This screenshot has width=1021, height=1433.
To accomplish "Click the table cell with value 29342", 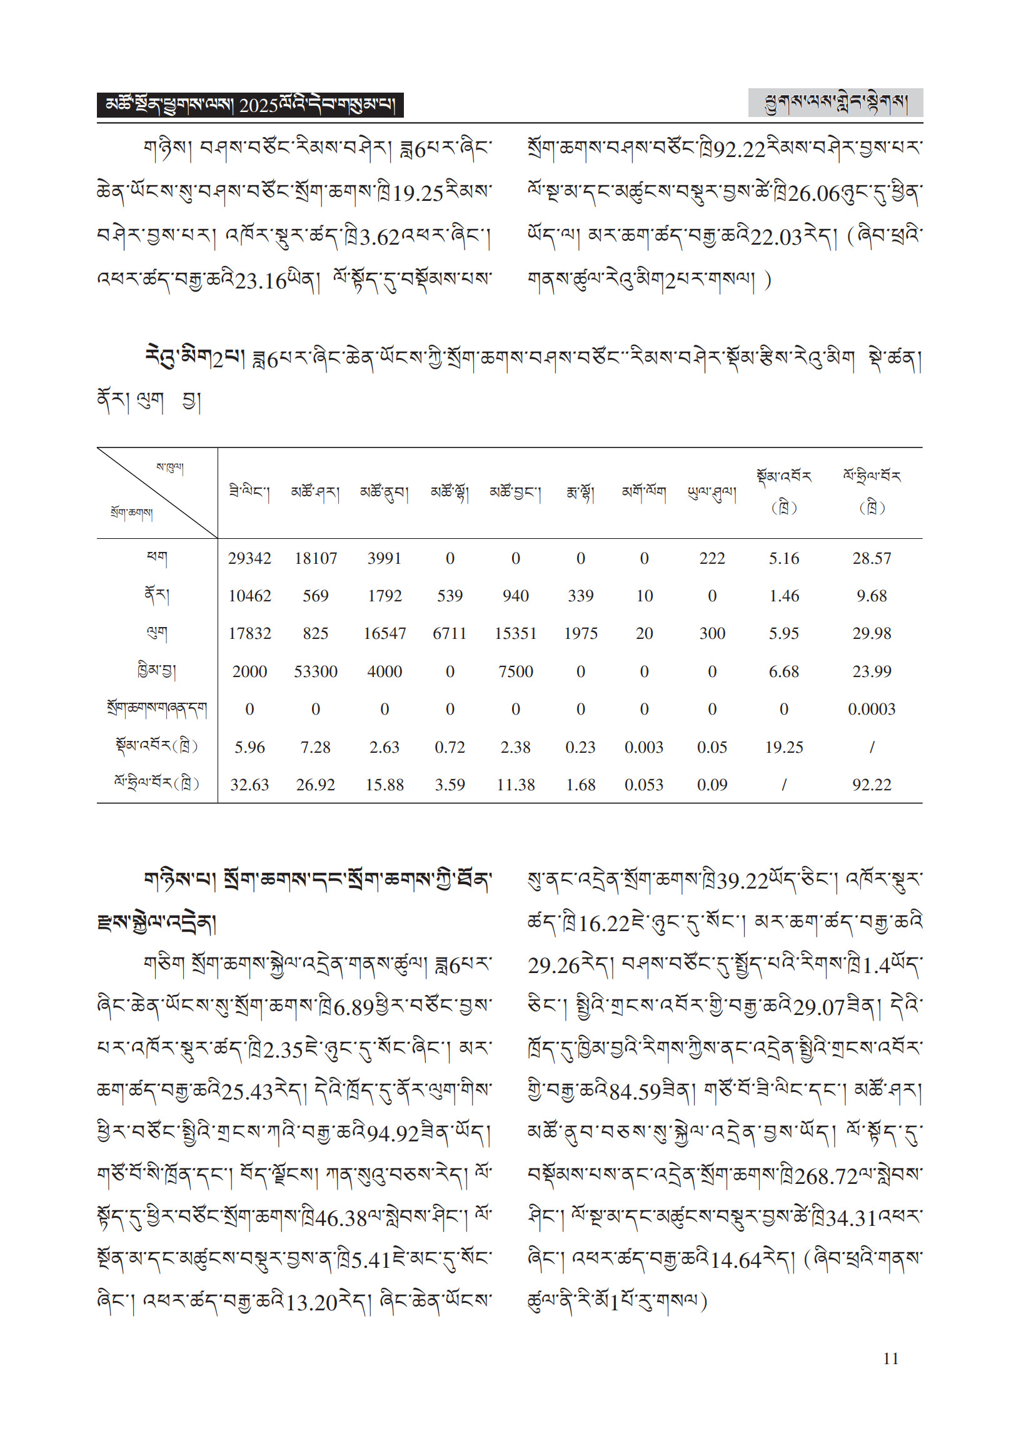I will (249, 558).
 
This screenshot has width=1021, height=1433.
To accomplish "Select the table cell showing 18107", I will (316, 558).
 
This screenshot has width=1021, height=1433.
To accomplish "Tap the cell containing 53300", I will (316, 671).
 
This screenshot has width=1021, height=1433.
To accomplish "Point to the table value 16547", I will (384, 633).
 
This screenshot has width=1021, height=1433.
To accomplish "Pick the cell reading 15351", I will (516, 633).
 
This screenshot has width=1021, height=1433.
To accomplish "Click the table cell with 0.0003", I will (872, 709).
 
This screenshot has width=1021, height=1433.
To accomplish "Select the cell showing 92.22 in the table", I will (872, 785).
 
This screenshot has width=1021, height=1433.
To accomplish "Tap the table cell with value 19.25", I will (784, 747).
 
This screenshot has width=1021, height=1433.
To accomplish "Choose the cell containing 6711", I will (450, 633).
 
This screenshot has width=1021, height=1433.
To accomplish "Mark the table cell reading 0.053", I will (644, 785).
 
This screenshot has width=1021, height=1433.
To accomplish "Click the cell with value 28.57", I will (872, 558).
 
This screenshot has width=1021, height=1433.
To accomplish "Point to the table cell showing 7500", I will (516, 671).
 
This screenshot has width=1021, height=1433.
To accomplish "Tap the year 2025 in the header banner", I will (258, 106).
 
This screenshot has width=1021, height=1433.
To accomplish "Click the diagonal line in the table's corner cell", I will (157, 492).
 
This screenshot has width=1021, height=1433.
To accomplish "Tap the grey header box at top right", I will (835, 103).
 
